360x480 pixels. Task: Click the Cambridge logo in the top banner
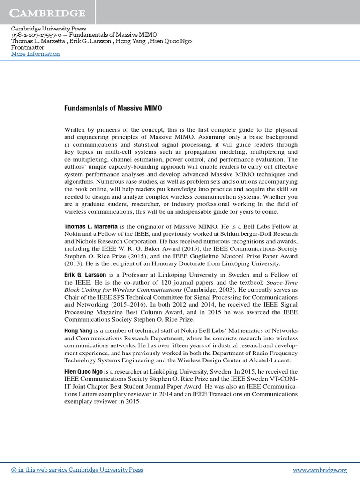pyautogui.click(x=48, y=13)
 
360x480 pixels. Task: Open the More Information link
pyautogui.click(x=36, y=54)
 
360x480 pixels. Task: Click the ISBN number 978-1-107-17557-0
pyautogui.click(x=30, y=35)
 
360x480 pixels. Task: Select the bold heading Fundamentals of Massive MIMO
pyautogui.click(x=113, y=108)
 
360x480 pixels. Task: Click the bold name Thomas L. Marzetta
pyautogui.click(x=91, y=226)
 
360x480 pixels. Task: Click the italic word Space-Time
pyautogui.click(x=282, y=283)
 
